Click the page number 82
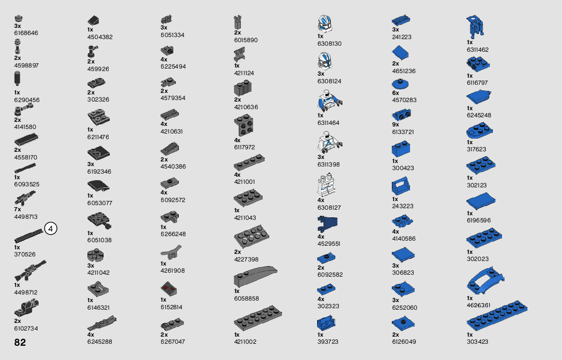20,342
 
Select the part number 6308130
329,44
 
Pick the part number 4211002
245,342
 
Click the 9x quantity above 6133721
395,125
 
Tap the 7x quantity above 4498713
17,209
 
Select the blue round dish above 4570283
401,84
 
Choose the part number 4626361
478,305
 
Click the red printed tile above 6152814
168,290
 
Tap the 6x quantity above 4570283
395,93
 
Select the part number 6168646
26,33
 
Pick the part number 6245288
100,342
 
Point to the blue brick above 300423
401,149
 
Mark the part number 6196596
479,220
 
